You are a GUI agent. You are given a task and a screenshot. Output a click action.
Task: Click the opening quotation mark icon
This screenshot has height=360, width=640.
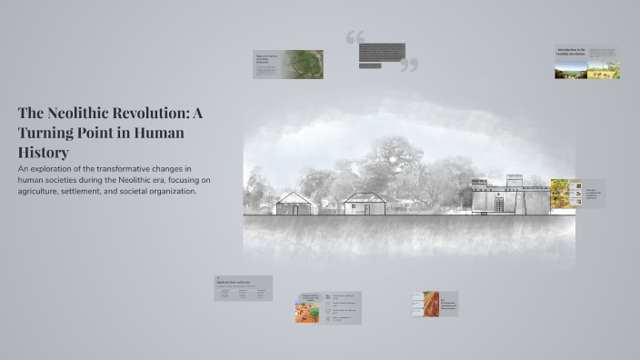click(355, 38)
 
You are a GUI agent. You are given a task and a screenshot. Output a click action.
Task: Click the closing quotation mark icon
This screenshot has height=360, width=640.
click(409, 65)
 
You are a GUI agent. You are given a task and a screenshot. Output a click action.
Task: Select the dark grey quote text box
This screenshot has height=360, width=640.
click(382, 52)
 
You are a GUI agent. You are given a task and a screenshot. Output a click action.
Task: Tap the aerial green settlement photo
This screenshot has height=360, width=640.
click(300, 64)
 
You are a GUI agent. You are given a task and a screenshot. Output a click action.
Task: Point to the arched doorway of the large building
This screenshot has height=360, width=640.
click(500, 205)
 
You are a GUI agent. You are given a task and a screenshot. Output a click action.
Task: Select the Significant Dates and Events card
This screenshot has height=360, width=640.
click(243, 288)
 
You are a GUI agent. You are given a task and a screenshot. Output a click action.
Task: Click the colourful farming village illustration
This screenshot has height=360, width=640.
click(307, 309)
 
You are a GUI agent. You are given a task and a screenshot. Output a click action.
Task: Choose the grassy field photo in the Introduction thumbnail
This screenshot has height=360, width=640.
click(604, 69)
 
